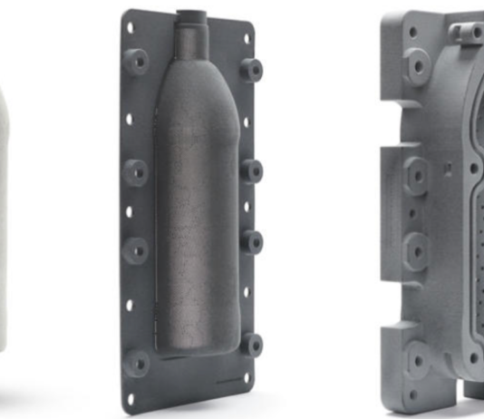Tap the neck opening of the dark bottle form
(x=192, y=16)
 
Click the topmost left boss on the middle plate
(x=137, y=62)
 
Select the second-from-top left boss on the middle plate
(x=136, y=170)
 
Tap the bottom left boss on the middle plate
(x=137, y=362)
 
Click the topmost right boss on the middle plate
(x=252, y=69)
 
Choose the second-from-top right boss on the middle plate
(x=253, y=171)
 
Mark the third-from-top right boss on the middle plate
(x=253, y=242)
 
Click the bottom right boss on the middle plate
(x=253, y=345)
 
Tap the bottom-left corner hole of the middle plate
(x=131, y=397)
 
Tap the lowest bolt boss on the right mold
(x=419, y=363)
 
